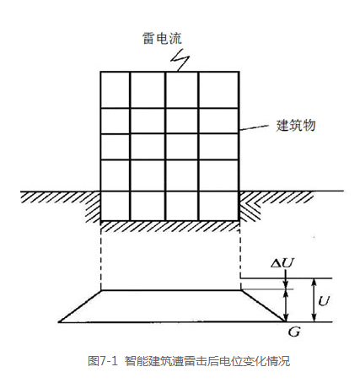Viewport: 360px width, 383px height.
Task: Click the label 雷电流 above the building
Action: [x=162, y=38]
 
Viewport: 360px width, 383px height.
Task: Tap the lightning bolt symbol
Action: [x=180, y=60]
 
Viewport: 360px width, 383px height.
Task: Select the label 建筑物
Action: [x=296, y=125]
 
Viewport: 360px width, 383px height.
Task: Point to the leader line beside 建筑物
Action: [x=254, y=127]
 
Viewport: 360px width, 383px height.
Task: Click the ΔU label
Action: [x=282, y=263]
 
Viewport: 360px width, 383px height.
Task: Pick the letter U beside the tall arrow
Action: [x=324, y=301]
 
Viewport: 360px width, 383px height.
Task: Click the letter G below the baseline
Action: [x=294, y=332]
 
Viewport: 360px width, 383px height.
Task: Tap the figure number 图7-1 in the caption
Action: [x=102, y=361]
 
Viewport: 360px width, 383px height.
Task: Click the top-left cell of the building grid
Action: [x=116, y=90]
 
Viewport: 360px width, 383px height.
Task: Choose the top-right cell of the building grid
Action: [x=218, y=90]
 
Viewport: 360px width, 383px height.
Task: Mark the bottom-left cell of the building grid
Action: [x=116, y=206]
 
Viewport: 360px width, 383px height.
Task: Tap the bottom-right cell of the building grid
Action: [x=218, y=206]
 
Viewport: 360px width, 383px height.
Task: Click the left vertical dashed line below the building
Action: [x=101, y=256]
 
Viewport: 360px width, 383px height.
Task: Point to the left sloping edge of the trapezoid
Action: [x=80, y=306]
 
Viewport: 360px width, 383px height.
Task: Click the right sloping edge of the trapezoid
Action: [x=262, y=305]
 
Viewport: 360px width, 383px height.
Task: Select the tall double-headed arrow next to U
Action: [x=314, y=300]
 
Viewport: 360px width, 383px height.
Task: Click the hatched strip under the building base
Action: [x=170, y=226]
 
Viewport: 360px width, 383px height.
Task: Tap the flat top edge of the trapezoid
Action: [x=171, y=290]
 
